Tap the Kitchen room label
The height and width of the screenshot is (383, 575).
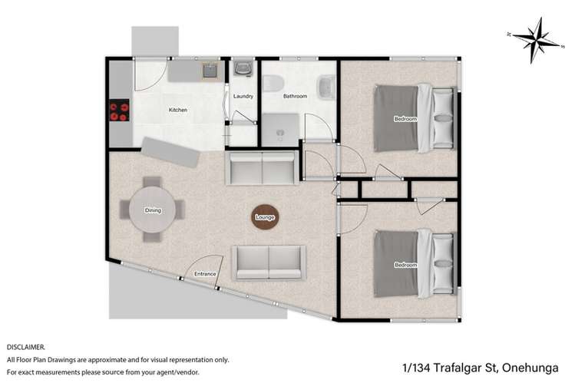click(x=178, y=110)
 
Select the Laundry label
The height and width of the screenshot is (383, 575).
click(x=243, y=96)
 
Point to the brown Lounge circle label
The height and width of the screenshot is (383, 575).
click(x=265, y=218)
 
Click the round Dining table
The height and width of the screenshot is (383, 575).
click(x=153, y=210)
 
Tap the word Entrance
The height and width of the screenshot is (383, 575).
click(x=205, y=274)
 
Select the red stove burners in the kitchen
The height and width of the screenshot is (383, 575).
click(x=119, y=112)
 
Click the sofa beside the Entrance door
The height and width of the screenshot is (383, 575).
click(x=269, y=262)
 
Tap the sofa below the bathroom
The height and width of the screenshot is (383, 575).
click(x=261, y=167)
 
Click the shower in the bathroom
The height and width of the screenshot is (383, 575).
click(x=279, y=130)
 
